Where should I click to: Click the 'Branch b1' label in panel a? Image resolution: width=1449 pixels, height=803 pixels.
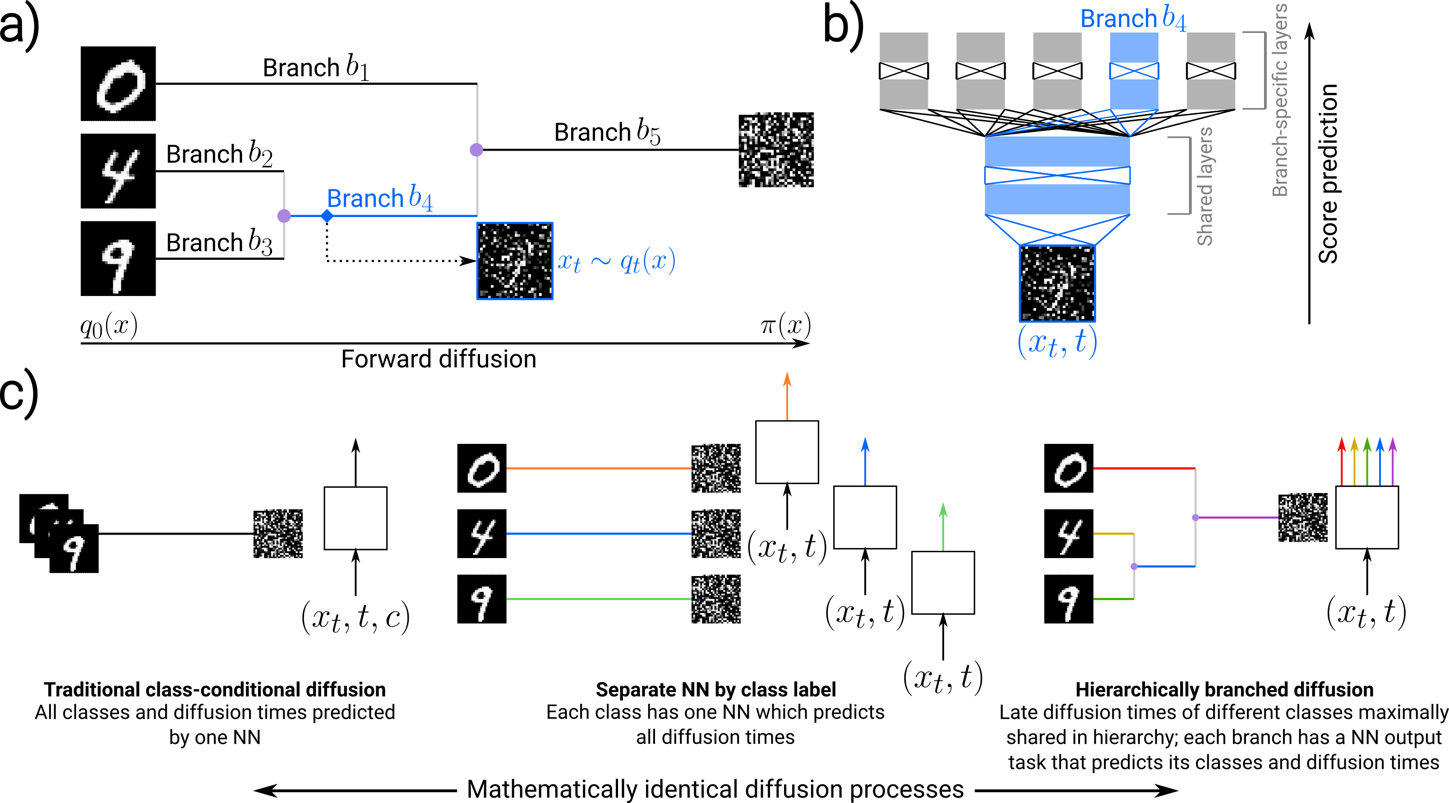point(316,68)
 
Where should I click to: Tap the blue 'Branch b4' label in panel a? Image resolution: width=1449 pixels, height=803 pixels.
point(380,198)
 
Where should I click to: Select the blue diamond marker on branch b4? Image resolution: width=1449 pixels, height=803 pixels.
point(327,216)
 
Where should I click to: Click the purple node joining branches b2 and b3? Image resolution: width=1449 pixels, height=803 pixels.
point(284,216)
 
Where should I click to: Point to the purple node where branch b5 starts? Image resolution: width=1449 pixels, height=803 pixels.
point(476,150)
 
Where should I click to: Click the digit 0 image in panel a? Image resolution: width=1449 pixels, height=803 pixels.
point(118,84)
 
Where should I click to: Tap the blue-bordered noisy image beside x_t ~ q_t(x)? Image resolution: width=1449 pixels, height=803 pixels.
point(515,261)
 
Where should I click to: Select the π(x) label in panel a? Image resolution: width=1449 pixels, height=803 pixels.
point(785,325)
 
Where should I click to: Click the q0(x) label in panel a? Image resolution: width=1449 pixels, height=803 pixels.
point(109,326)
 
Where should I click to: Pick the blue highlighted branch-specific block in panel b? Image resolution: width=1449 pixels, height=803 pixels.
point(1134,71)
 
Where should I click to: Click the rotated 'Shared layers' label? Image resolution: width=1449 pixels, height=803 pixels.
point(1204,187)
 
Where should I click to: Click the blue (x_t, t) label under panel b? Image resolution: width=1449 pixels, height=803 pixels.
point(1057,342)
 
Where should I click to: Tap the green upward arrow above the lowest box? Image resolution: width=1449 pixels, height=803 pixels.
point(943,526)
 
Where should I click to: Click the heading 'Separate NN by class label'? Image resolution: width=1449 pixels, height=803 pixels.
point(715,689)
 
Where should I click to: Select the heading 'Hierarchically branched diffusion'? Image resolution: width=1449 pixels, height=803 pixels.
point(1224,689)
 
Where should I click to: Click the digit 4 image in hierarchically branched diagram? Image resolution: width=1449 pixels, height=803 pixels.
point(1068,534)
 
